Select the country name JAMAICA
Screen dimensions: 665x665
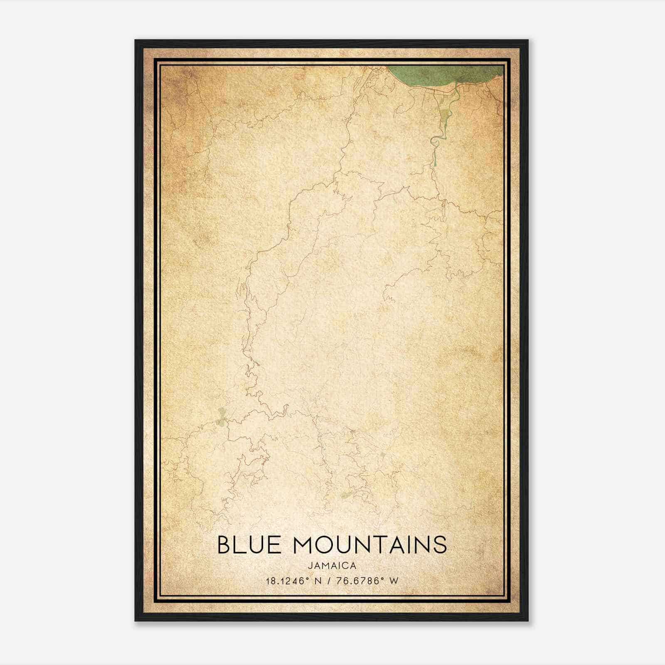(x=332, y=566)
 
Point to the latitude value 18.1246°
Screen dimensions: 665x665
(x=287, y=581)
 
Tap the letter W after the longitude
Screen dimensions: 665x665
(x=394, y=581)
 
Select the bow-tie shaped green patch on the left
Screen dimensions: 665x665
(x=222, y=417)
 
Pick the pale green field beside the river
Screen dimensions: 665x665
(x=445, y=116)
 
